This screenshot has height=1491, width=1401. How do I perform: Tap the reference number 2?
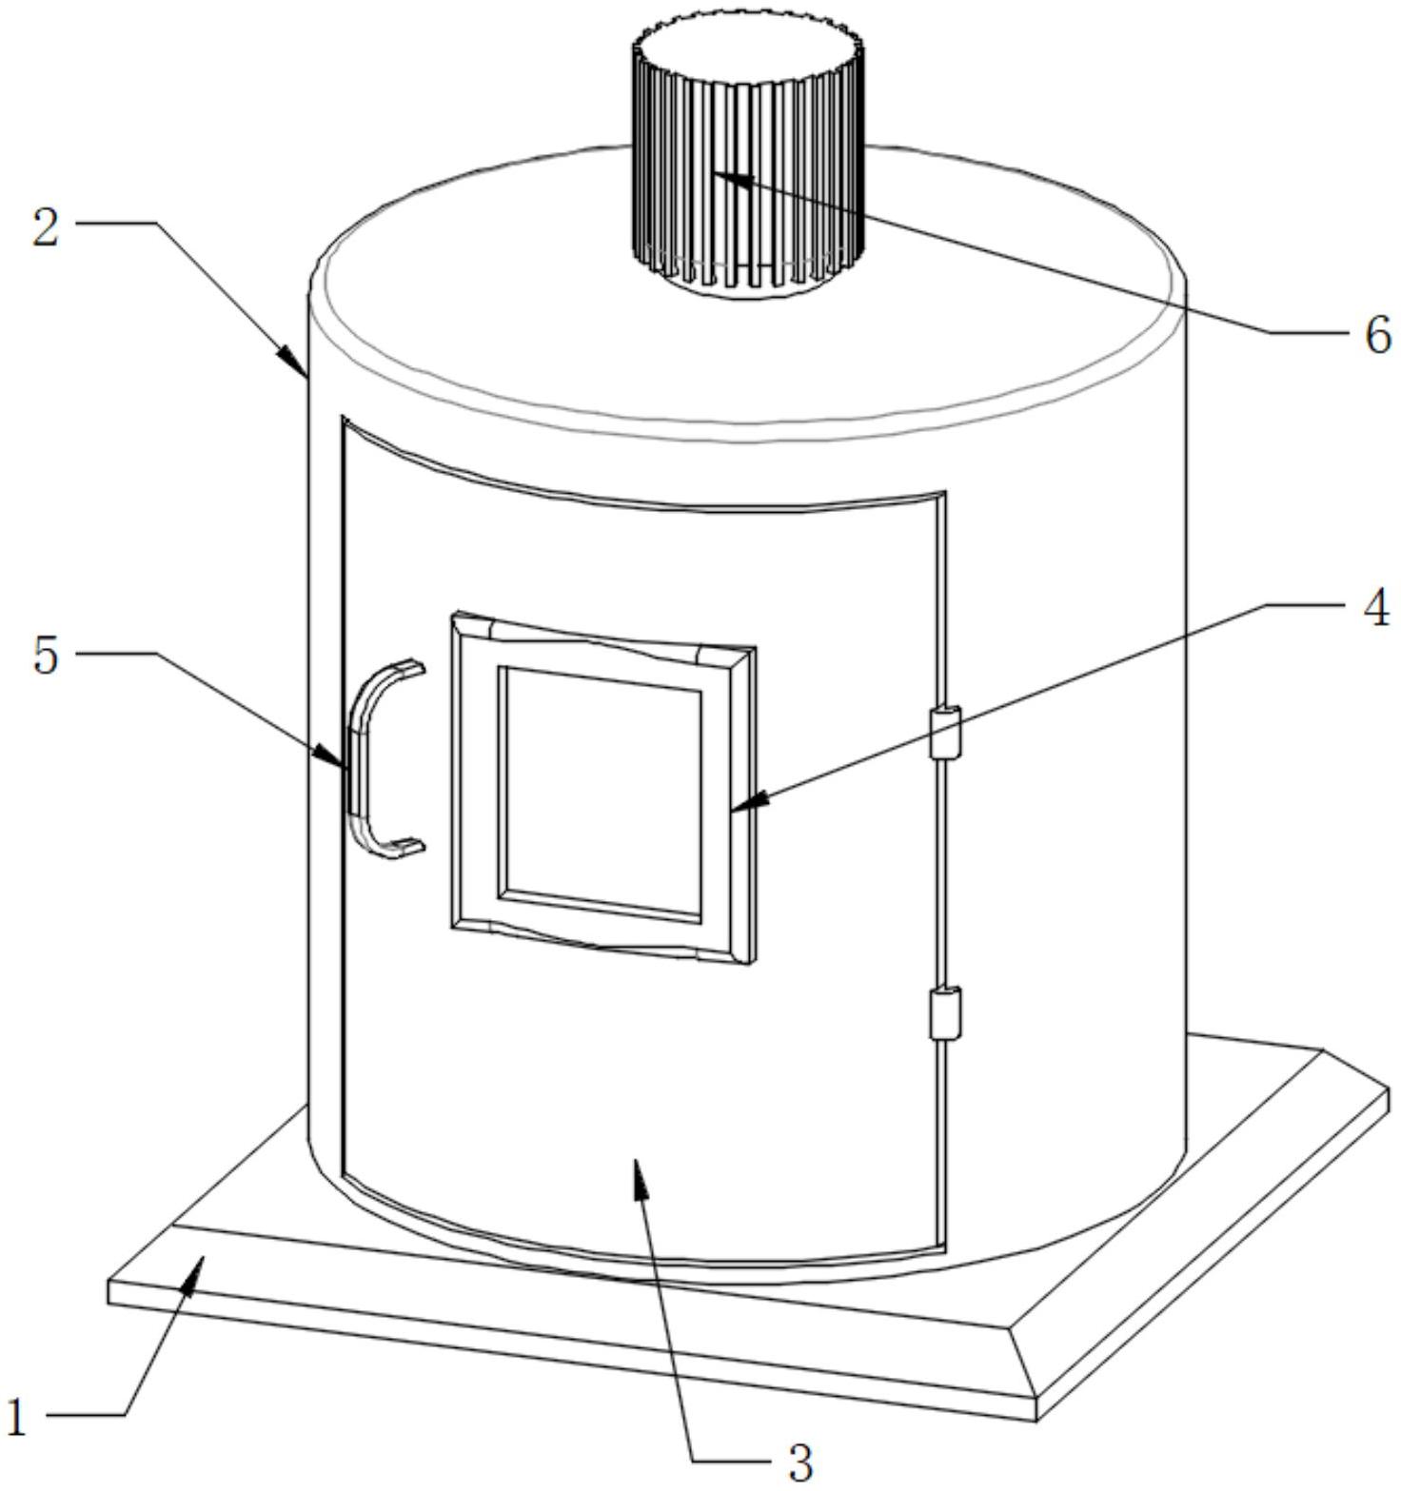click(x=46, y=226)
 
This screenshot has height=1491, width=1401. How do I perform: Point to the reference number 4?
click(x=1375, y=607)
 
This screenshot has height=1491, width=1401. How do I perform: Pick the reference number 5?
click(x=46, y=655)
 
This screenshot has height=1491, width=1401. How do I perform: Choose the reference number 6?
click(x=1377, y=334)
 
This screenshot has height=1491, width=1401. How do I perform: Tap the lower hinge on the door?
click(x=945, y=1014)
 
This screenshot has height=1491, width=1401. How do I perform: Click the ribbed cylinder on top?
click(x=748, y=162)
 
